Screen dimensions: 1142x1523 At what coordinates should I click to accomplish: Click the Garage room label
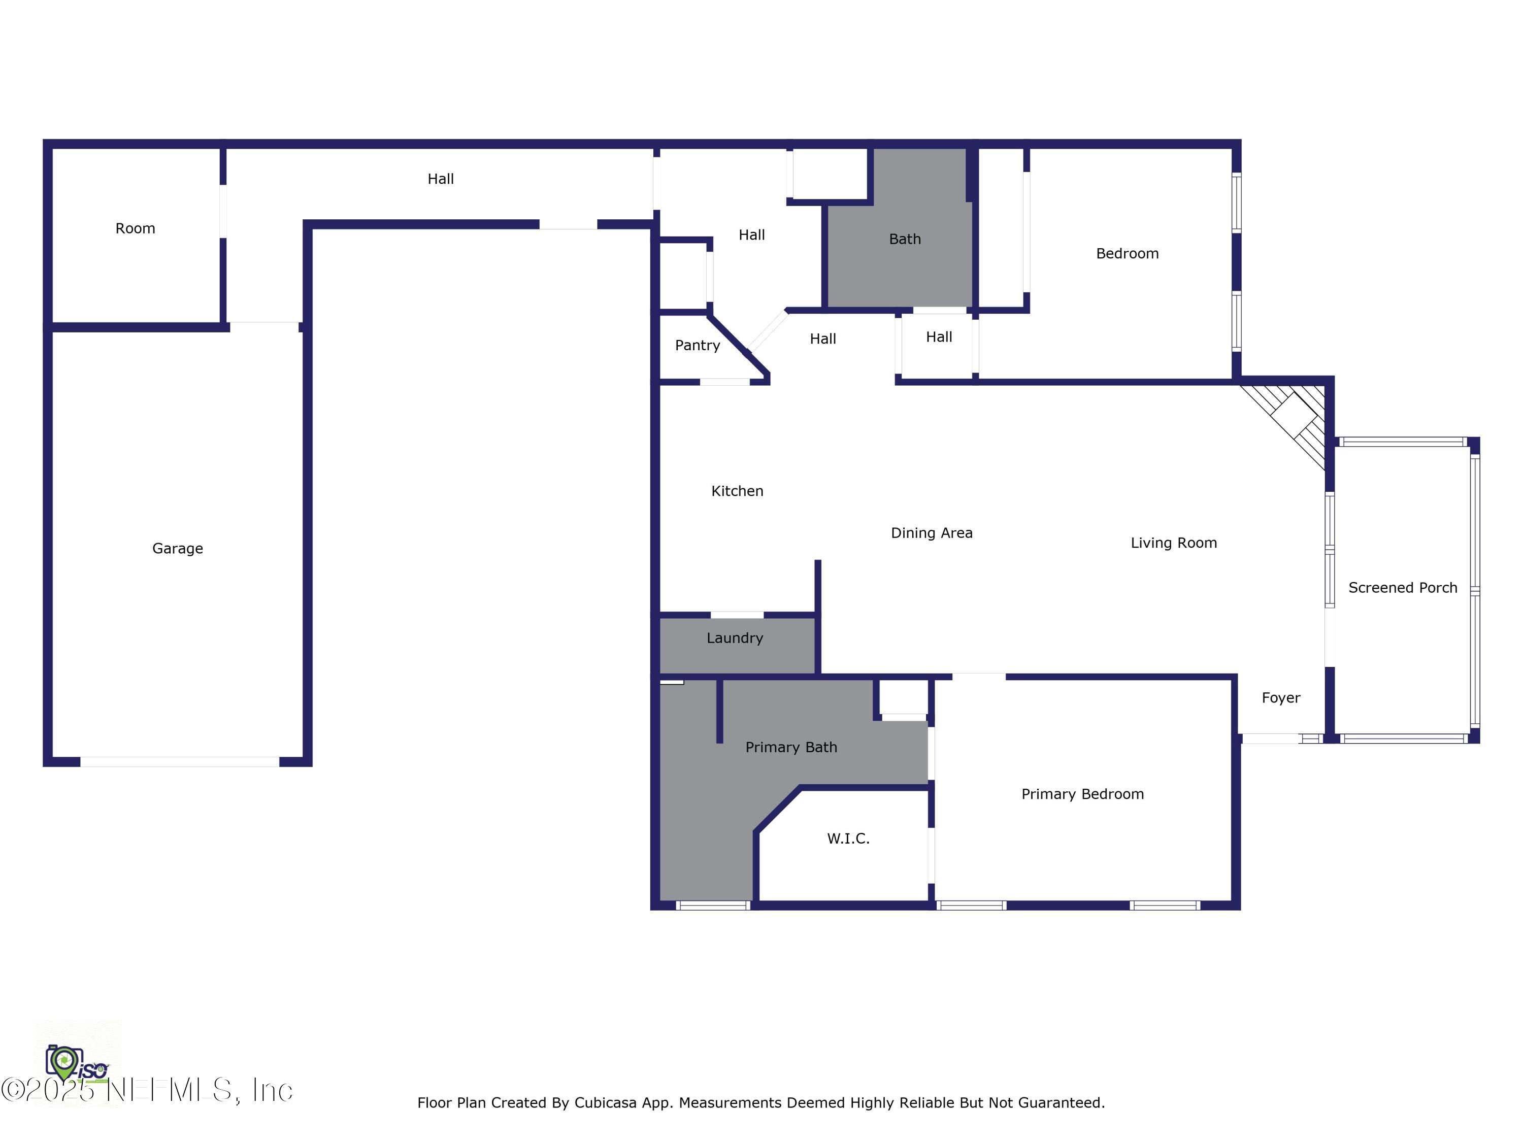pos(178,549)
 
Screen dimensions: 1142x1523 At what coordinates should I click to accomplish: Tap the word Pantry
pos(697,346)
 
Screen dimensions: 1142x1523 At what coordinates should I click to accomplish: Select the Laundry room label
pos(735,638)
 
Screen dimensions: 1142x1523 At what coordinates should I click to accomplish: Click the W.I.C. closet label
pos(848,838)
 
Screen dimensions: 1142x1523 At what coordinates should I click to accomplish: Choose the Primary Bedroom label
pos(1082,794)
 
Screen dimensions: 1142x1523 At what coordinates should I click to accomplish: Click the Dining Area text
pos(931,533)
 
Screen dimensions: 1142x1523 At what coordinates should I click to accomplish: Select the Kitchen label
pos(737,491)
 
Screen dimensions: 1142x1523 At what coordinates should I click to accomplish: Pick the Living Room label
pos(1173,543)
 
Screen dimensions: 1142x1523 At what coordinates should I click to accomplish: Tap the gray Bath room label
pos(904,240)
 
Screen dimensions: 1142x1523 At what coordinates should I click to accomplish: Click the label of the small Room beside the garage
pos(135,228)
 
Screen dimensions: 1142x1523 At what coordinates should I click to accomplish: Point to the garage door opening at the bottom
pos(180,761)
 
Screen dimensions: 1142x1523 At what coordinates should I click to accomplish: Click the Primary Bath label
pos(791,748)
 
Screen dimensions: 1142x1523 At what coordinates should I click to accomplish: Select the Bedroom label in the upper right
pos(1127,254)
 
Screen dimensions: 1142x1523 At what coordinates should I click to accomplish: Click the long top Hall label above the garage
pos(440,179)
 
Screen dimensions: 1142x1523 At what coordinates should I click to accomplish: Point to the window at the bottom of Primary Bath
pos(713,905)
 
